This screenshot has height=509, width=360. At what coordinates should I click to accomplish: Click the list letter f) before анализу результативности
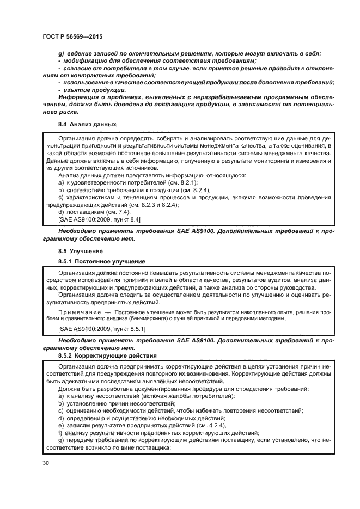[x=60, y=433]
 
